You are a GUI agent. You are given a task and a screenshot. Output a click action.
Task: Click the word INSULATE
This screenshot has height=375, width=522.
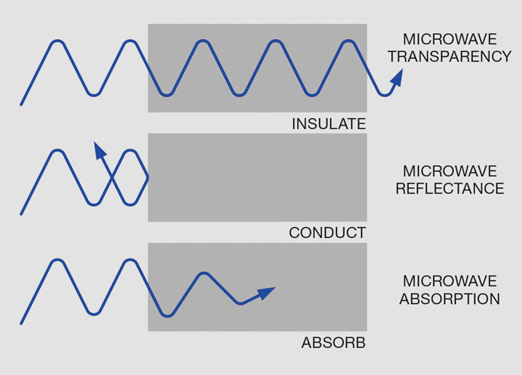(328, 124)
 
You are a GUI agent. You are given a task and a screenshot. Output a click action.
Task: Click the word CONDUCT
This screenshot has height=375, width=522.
(327, 233)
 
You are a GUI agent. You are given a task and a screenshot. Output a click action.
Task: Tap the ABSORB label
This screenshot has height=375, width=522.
(333, 342)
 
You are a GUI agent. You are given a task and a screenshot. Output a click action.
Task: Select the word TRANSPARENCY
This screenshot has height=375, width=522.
(449, 57)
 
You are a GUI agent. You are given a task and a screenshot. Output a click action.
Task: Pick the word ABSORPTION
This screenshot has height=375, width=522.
(449, 298)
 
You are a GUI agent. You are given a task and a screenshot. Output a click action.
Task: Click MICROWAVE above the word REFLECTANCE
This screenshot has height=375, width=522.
(449, 172)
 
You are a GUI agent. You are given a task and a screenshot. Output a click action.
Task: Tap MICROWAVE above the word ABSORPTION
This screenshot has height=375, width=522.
(449, 281)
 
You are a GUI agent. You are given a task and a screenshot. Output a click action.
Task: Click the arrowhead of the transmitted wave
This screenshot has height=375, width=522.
(396, 84)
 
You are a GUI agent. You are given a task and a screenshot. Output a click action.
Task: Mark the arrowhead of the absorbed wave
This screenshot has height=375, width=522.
(268, 292)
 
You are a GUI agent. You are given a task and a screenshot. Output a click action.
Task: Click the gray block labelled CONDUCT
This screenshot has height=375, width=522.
(257, 178)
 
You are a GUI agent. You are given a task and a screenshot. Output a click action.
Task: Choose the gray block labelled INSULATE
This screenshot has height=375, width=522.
(257, 68)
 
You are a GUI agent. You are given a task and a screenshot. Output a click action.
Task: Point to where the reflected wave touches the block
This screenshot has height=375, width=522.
(148, 177)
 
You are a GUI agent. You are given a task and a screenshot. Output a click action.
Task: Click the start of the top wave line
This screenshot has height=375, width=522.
(21, 104)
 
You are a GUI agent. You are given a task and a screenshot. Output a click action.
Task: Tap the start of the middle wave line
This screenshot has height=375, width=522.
(21, 214)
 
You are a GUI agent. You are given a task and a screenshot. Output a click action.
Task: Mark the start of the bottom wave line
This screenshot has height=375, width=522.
(21, 324)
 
